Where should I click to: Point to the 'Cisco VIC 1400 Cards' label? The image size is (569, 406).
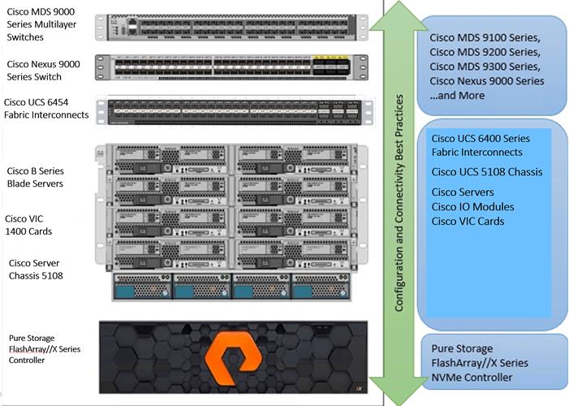(x=31, y=225)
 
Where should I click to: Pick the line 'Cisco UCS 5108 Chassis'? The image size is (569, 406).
(x=487, y=171)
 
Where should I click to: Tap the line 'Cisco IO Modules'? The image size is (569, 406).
(x=472, y=206)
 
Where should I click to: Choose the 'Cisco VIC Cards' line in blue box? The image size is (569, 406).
(x=468, y=221)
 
